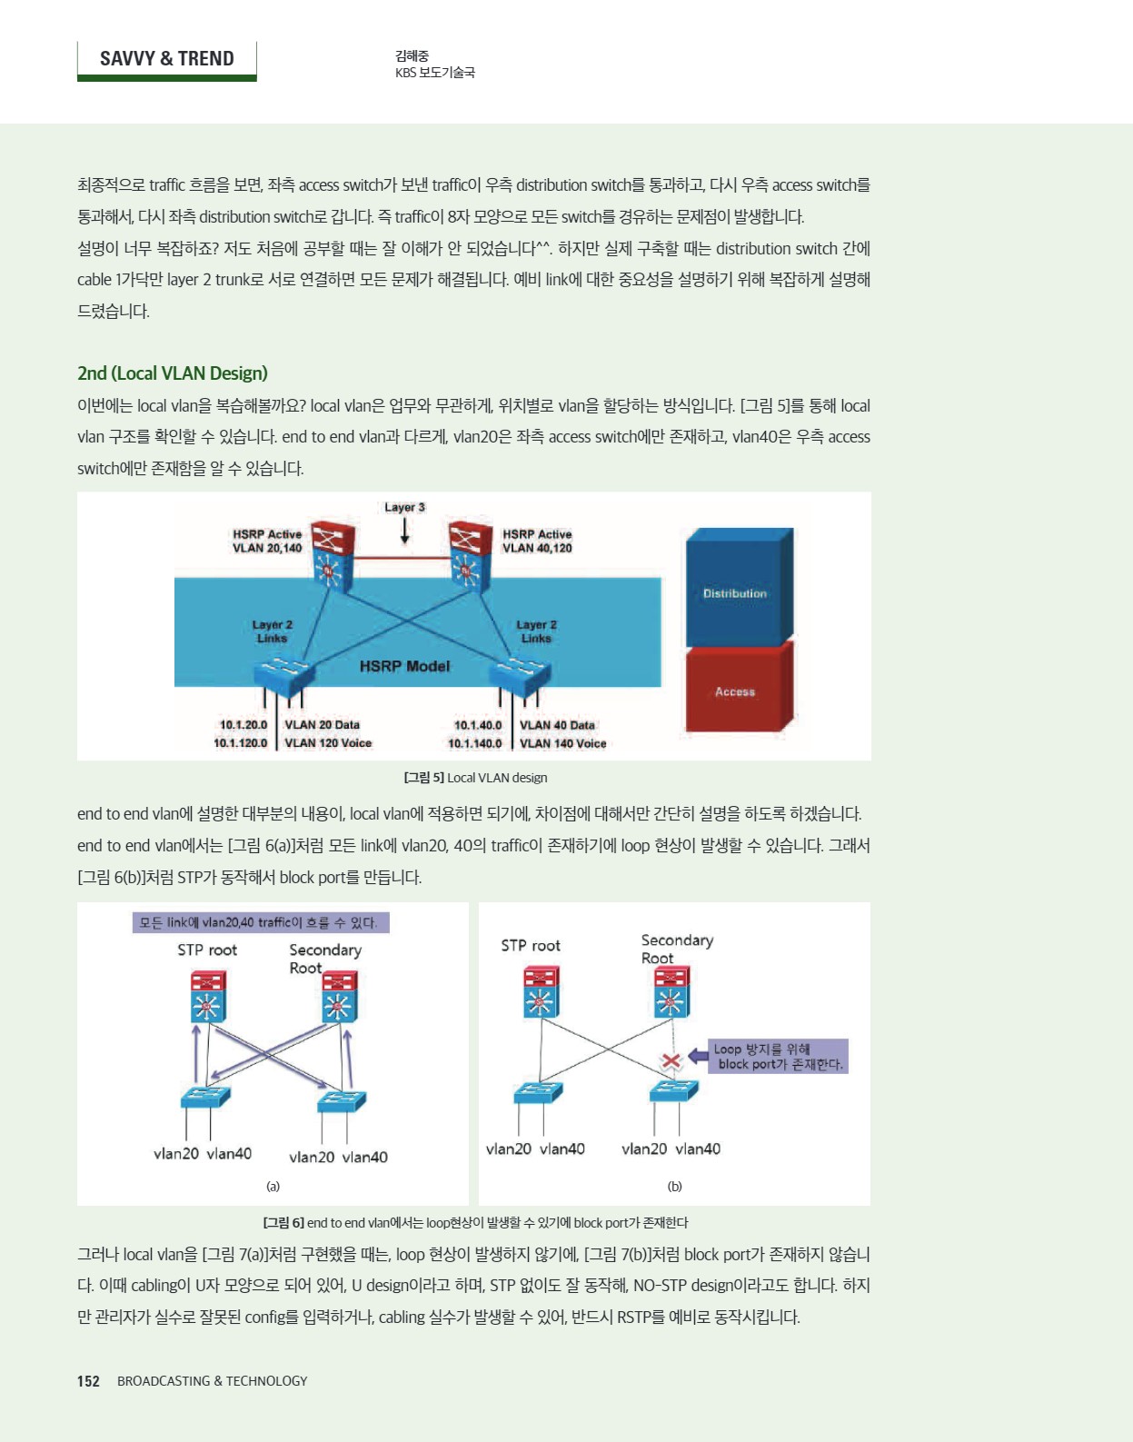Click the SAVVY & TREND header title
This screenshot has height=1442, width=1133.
tap(166, 59)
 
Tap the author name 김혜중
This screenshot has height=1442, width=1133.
tap(412, 56)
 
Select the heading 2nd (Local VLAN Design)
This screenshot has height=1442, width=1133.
tap(173, 373)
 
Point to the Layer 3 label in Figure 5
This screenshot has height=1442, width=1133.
tap(404, 507)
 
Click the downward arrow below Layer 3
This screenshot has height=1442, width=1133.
tap(404, 531)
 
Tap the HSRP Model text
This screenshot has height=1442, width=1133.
tap(404, 666)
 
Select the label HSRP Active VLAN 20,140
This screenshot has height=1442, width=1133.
tap(267, 541)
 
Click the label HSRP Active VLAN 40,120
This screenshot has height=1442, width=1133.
tap(537, 541)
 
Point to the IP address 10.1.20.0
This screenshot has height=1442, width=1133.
tap(243, 725)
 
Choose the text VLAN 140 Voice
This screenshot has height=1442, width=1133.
tap(562, 743)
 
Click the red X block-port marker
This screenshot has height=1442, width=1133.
tap(671, 1059)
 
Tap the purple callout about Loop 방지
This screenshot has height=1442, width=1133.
tap(778, 1056)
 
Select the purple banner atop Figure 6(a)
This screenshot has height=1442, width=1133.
tap(261, 922)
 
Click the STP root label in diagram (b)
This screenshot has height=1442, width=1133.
tap(531, 946)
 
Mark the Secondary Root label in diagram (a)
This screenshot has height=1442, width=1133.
tap(324, 959)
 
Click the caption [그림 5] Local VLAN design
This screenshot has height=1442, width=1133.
tap(475, 778)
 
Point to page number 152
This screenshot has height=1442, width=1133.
tap(88, 1381)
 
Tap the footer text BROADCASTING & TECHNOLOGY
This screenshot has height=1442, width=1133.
tap(212, 1381)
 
